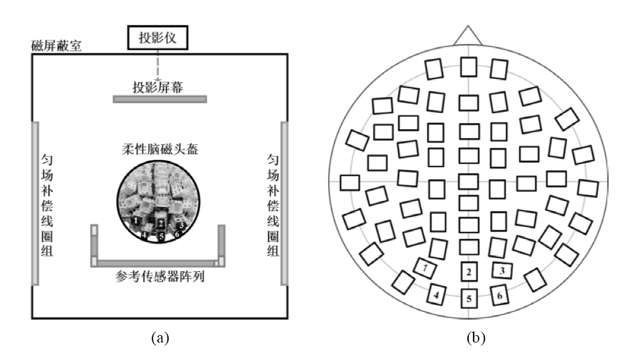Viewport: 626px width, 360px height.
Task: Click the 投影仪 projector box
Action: click(x=158, y=38)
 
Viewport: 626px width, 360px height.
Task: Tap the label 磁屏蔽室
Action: click(x=57, y=45)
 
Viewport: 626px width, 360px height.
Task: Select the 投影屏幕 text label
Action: click(x=158, y=87)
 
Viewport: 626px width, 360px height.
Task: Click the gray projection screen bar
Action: click(x=160, y=99)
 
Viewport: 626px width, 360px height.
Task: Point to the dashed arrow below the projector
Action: click(x=158, y=65)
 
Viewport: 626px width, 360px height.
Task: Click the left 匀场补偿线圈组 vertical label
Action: click(x=47, y=205)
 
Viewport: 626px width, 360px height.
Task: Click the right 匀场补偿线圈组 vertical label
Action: click(x=273, y=205)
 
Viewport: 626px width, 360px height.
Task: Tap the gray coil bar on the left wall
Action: click(x=35, y=203)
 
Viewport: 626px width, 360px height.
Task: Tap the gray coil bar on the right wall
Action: click(x=284, y=203)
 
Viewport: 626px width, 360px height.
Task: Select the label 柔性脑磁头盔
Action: click(x=160, y=149)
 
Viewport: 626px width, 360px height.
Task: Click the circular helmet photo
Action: click(x=158, y=201)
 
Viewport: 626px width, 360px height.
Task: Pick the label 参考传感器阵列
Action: click(x=160, y=276)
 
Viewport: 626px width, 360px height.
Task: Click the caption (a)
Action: click(x=160, y=338)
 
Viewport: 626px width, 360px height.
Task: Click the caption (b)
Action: click(x=476, y=338)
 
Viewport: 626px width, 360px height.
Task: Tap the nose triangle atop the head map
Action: click(x=468, y=36)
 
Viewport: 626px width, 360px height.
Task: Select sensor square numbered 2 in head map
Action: click(x=469, y=272)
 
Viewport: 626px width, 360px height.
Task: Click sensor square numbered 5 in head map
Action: click(x=469, y=298)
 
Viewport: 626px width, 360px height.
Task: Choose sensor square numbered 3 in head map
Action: click(x=502, y=270)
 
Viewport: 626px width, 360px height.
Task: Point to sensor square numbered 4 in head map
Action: click(x=436, y=295)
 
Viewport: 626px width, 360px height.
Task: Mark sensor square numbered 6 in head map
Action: click(x=499, y=295)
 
